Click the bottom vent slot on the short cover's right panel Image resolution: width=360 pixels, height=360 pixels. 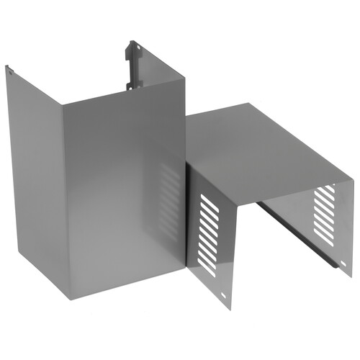[x=323, y=238]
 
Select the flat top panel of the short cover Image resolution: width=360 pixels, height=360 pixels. [x=266, y=140]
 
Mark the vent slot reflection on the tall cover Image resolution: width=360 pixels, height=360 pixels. [x=171, y=205]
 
